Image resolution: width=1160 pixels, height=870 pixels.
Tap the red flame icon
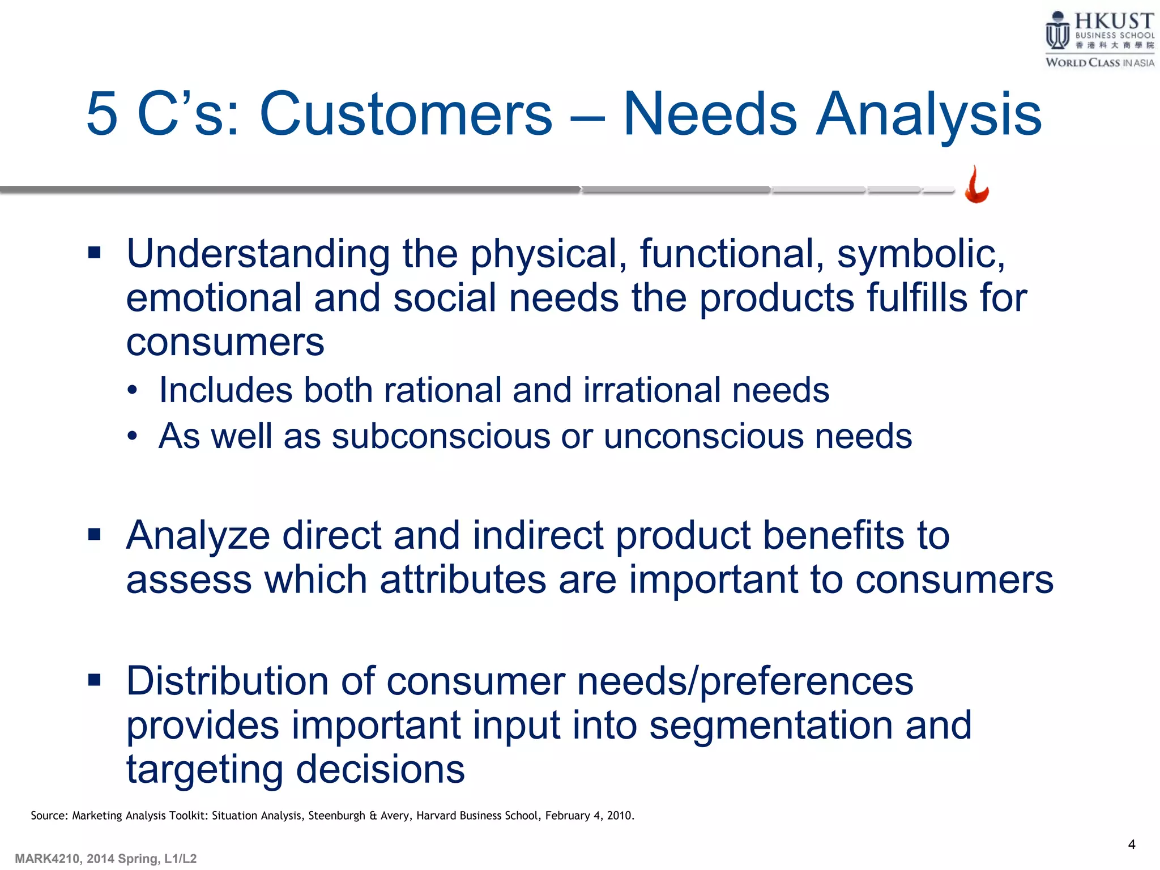pos(976,185)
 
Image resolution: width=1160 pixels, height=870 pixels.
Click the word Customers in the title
pos(406,114)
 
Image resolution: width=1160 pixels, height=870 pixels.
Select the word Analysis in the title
pos(928,114)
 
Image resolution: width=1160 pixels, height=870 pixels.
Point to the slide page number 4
pos(1131,845)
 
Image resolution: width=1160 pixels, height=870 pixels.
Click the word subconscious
pos(441,436)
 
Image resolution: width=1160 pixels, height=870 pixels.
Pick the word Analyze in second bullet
pos(198,535)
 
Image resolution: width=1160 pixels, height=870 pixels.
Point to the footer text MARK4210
pos(48,859)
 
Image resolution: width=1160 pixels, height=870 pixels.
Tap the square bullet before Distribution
pos(95,679)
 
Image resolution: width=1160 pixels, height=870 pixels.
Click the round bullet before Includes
pos(133,390)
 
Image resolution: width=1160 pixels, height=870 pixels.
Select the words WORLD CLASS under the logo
pos(1082,63)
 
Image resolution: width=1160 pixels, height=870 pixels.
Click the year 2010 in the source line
pos(619,816)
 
